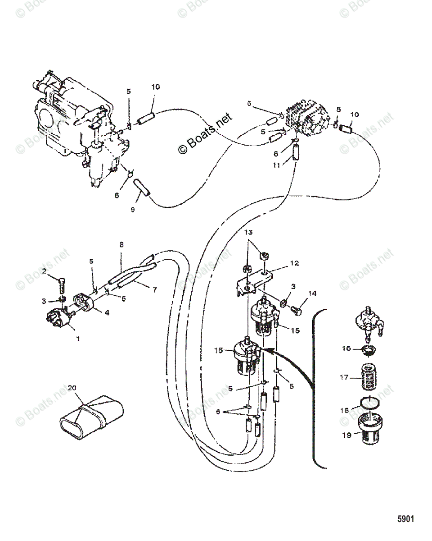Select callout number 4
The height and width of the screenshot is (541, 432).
[107, 312]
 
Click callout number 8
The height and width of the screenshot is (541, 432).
[121, 245]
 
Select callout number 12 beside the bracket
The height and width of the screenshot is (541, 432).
[282, 262]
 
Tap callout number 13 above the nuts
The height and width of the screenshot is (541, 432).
[248, 232]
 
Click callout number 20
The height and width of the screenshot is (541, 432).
[72, 388]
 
